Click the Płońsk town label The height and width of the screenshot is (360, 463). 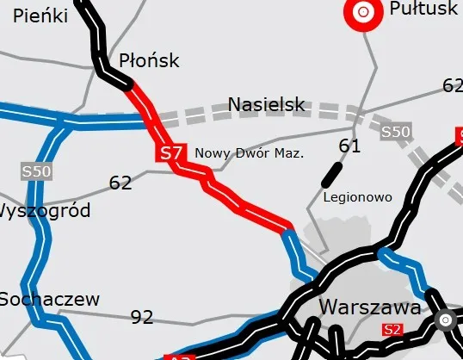[x=149, y=60]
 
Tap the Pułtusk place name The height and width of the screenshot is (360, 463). [x=423, y=9]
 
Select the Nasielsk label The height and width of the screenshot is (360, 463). [x=266, y=105]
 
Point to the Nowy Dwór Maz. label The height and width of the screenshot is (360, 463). [x=250, y=153]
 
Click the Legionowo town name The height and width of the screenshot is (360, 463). [x=357, y=197]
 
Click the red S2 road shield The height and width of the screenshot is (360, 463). [x=393, y=329]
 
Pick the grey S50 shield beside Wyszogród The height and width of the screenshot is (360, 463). [x=37, y=171]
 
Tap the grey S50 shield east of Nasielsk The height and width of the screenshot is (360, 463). [x=395, y=132]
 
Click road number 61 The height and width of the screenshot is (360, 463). [x=349, y=146]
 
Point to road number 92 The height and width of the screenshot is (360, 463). [x=141, y=317]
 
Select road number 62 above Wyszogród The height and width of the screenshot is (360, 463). [x=120, y=183]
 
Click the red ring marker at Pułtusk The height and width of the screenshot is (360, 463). [x=363, y=12]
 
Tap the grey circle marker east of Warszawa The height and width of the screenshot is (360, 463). [x=445, y=320]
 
